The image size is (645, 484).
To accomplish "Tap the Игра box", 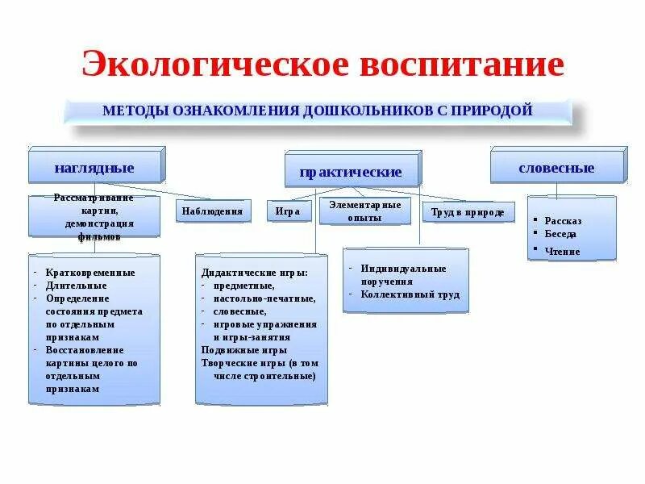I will coord(288,211).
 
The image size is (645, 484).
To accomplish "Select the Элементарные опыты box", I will coord(364,211).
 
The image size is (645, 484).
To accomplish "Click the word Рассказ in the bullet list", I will coord(562,220).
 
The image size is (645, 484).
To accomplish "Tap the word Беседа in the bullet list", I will coord(560,234).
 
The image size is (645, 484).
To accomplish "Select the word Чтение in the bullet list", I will coord(562,251).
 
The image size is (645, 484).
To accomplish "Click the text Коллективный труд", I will coord(410,294).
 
